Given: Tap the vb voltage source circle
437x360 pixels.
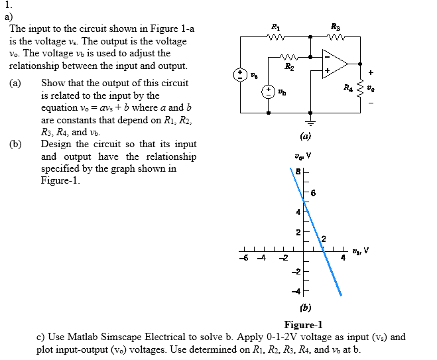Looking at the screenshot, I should click(x=269, y=91).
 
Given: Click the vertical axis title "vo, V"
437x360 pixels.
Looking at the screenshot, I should click(x=302, y=156).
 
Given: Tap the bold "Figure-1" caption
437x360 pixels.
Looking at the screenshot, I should click(x=303, y=324).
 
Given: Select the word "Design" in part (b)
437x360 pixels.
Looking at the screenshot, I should click(x=57, y=144).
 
